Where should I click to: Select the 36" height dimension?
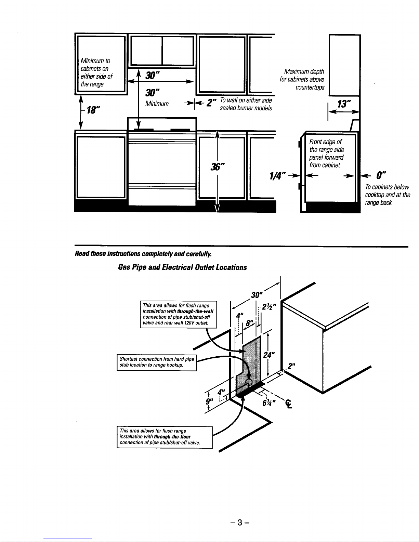pos(218,167)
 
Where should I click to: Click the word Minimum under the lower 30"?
pos(157,104)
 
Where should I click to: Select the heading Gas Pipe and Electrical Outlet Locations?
pos(182,267)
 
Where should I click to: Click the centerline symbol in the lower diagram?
pos(289,405)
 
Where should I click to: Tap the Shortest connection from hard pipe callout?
pos(157,362)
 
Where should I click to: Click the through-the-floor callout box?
pos(165,437)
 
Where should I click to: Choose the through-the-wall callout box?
pos(178,314)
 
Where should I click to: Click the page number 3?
pos(240,522)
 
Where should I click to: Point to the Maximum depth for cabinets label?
pos(302,79)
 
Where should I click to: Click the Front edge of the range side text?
pos(327,153)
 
